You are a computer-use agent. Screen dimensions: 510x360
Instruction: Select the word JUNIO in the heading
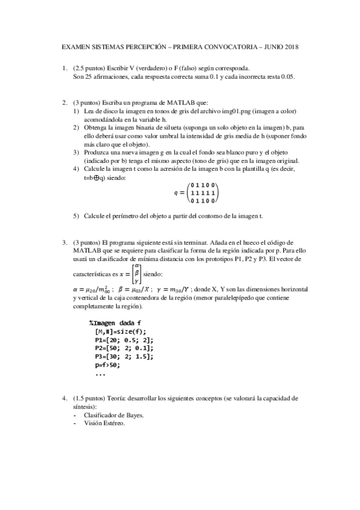coord(268,47)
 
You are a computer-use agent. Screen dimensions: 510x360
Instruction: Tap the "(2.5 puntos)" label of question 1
coord(90,69)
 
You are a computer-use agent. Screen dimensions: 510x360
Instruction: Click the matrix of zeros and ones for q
coord(203,193)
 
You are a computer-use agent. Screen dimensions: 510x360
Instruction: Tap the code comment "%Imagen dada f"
coord(115,323)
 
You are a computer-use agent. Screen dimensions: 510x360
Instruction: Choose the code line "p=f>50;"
coord(108,364)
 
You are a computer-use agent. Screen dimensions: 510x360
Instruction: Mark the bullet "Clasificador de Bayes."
coord(114,415)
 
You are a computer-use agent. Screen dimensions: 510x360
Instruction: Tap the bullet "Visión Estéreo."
coord(105,423)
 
